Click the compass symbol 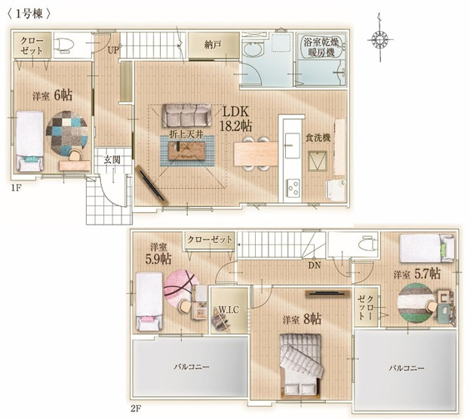click(x=380, y=39)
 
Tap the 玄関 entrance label click(x=112, y=159)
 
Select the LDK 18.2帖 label click(x=235, y=119)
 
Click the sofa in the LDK click(x=186, y=116)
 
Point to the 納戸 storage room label click(x=213, y=45)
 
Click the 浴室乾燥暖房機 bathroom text click(x=321, y=48)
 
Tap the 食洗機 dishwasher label click(x=318, y=137)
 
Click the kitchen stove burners click(x=293, y=188)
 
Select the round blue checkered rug click(x=67, y=134)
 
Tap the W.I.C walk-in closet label click(x=229, y=310)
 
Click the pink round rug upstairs click(x=181, y=289)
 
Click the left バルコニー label click(x=192, y=366)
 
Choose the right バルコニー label click(x=407, y=368)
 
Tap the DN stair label click(x=315, y=265)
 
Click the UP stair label click(x=113, y=50)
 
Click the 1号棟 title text click(x=29, y=14)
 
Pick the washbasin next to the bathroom click(x=253, y=49)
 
